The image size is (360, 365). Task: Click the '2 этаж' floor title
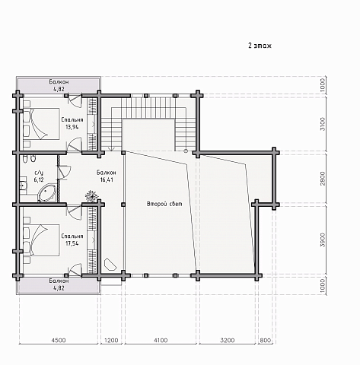pos(260,46)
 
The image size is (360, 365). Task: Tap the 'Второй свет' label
pos(164,204)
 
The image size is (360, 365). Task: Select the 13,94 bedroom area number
pos(72,127)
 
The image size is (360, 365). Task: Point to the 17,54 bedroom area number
pos(72,243)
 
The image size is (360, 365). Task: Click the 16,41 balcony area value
pos(107,180)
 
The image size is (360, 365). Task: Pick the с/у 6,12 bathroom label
pos(39,176)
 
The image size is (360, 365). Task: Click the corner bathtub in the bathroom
pos(46,193)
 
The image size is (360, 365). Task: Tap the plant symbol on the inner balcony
pos(91,196)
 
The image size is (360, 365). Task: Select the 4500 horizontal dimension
pos(59,340)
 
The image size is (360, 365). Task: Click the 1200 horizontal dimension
pos(111,340)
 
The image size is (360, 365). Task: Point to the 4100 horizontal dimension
pos(161,340)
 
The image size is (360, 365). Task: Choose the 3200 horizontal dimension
pos(228,340)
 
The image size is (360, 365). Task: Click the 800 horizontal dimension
pos(266,340)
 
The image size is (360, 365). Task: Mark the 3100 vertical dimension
pos(323,124)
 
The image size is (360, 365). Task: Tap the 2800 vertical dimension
pos(323,179)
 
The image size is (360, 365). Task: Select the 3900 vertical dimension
pos(323,240)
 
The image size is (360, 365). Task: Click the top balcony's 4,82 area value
pos(59,89)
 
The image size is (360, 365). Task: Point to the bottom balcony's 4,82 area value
pos(59,288)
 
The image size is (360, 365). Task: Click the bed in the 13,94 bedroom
pos(42,124)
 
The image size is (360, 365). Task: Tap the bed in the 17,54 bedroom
pos(42,240)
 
